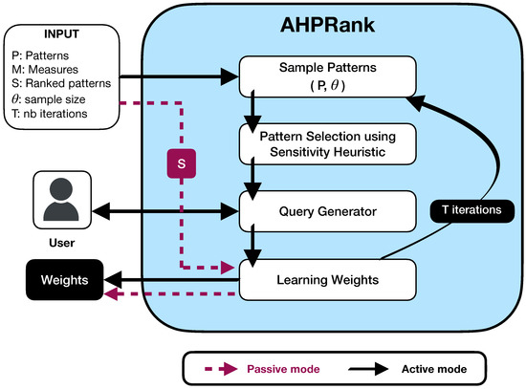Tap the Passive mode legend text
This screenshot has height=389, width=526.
click(284, 366)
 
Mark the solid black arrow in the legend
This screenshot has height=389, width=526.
click(365, 366)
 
